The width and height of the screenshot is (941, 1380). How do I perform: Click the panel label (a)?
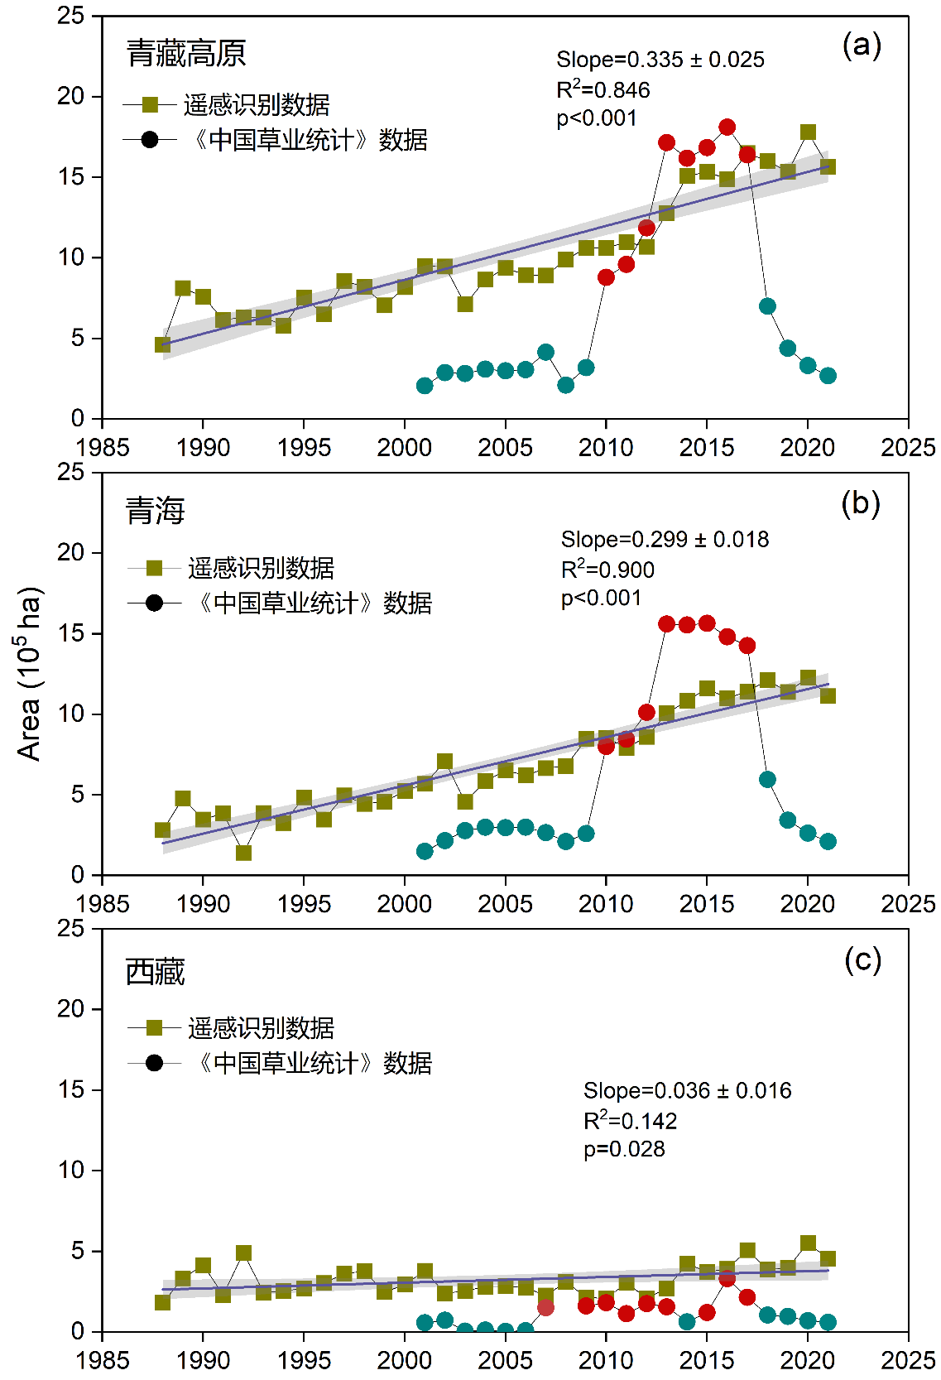pos(862,45)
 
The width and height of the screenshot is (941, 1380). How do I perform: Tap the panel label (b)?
pos(860,502)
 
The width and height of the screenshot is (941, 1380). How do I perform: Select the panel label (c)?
pos(862,959)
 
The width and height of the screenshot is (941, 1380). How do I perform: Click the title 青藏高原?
pos(186,53)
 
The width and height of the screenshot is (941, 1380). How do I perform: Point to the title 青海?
pos(155,511)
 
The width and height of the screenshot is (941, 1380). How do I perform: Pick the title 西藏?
pos(155,971)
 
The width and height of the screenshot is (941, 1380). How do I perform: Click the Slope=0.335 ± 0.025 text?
pos(660,60)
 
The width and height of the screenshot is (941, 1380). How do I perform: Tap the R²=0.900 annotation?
pos(607,570)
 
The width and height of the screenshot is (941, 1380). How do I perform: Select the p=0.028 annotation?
pos(624,1149)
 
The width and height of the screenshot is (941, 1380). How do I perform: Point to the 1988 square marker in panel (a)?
pos(163,344)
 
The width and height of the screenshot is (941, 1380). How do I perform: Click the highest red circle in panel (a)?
pos(727,127)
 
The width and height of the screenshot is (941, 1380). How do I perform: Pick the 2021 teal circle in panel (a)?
pos(828,376)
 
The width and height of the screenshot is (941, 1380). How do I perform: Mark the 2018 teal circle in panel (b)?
pos(767,780)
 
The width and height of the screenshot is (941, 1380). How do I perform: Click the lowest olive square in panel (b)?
pos(243,853)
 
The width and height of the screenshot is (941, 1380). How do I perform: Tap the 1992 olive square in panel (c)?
pos(243,1253)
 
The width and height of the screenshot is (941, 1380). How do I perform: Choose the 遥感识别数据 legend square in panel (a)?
pos(150,105)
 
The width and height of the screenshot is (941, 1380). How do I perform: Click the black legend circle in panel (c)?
pos(154,1063)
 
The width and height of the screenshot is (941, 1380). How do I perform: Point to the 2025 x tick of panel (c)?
pos(908,1360)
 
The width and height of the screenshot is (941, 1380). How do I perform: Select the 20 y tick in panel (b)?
pos(71,552)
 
